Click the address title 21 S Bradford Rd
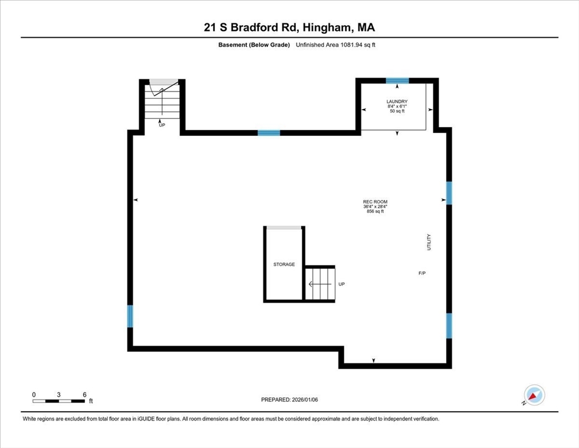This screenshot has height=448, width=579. pyautogui.click(x=289, y=27)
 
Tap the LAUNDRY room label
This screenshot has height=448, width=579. pyautogui.click(x=397, y=101)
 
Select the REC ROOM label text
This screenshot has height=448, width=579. pyautogui.click(x=375, y=202)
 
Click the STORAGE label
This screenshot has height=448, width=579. pyautogui.click(x=284, y=264)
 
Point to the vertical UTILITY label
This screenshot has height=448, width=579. pyautogui.click(x=429, y=243)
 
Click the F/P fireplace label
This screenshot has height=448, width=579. pyautogui.click(x=422, y=273)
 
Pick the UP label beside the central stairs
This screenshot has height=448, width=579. pyautogui.click(x=342, y=284)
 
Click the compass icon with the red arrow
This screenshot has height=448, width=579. pyautogui.click(x=534, y=394)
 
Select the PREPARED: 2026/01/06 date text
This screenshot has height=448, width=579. pyautogui.click(x=289, y=400)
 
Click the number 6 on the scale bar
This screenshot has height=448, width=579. pyautogui.click(x=84, y=394)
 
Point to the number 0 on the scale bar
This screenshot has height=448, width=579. pyautogui.click(x=34, y=394)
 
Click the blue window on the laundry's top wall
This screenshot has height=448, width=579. pyautogui.click(x=397, y=81)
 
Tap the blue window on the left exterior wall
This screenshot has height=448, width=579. pyautogui.click(x=130, y=316)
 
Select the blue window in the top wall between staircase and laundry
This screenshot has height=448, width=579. pyautogui.click(x=269, y=133)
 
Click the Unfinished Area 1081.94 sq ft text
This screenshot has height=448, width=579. pyautogui.click(x=335, y=45)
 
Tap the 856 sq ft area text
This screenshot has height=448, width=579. pyautogui.click(x=375, y=211)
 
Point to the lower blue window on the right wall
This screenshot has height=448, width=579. pyautogui.click(x=449, y=325)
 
